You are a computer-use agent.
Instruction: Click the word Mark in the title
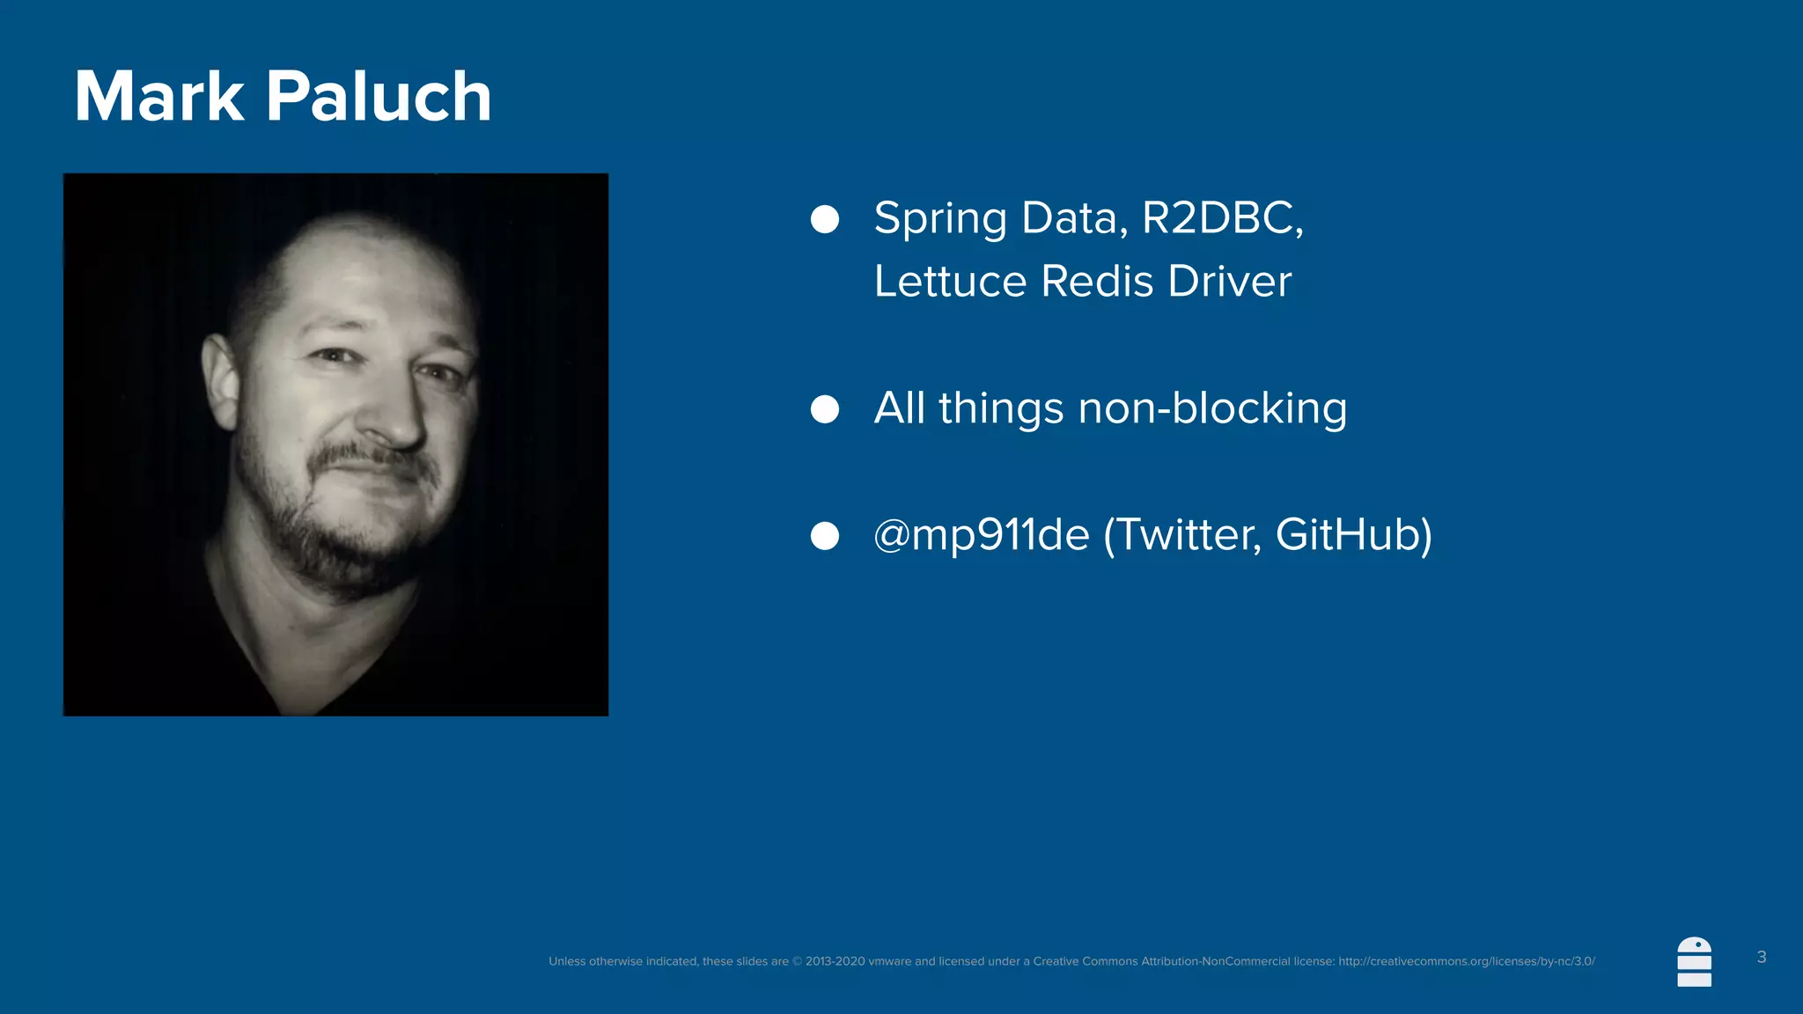point(158,96)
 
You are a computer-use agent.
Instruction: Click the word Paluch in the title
point(379,96)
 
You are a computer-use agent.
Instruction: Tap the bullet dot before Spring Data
point(825,219)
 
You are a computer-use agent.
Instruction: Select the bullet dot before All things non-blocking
point(825,409)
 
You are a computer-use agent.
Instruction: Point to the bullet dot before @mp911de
point(825,536)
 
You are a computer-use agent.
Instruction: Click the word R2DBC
point(1221,218)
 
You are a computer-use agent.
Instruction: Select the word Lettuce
point(950,282)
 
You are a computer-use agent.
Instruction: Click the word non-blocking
point(1212,409)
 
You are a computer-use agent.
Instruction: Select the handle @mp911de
point(981,535)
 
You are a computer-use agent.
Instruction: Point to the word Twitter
point(1188,535)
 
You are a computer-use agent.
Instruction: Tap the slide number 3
point(1762,957)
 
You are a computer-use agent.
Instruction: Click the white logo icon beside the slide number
point(1695,962)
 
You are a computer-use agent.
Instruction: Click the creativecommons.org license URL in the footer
point(1467,961)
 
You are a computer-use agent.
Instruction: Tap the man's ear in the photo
point(220,378)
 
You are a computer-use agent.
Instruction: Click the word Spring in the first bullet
point(940,219)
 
